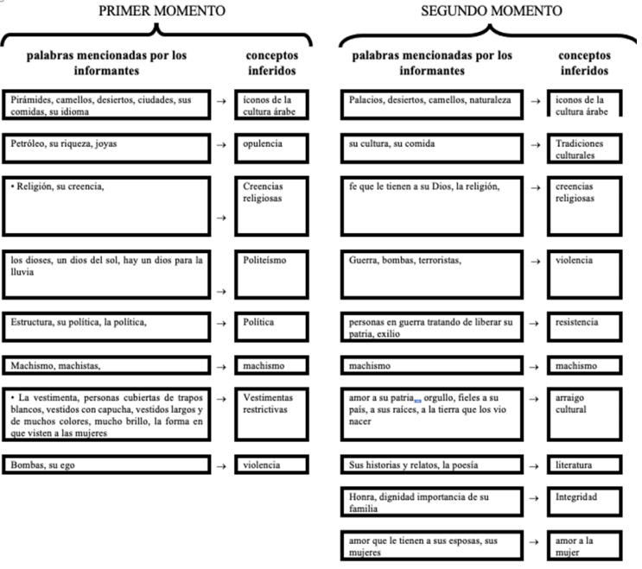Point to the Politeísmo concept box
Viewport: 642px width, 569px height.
pos(271,273)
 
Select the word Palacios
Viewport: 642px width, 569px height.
pos(367,99)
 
